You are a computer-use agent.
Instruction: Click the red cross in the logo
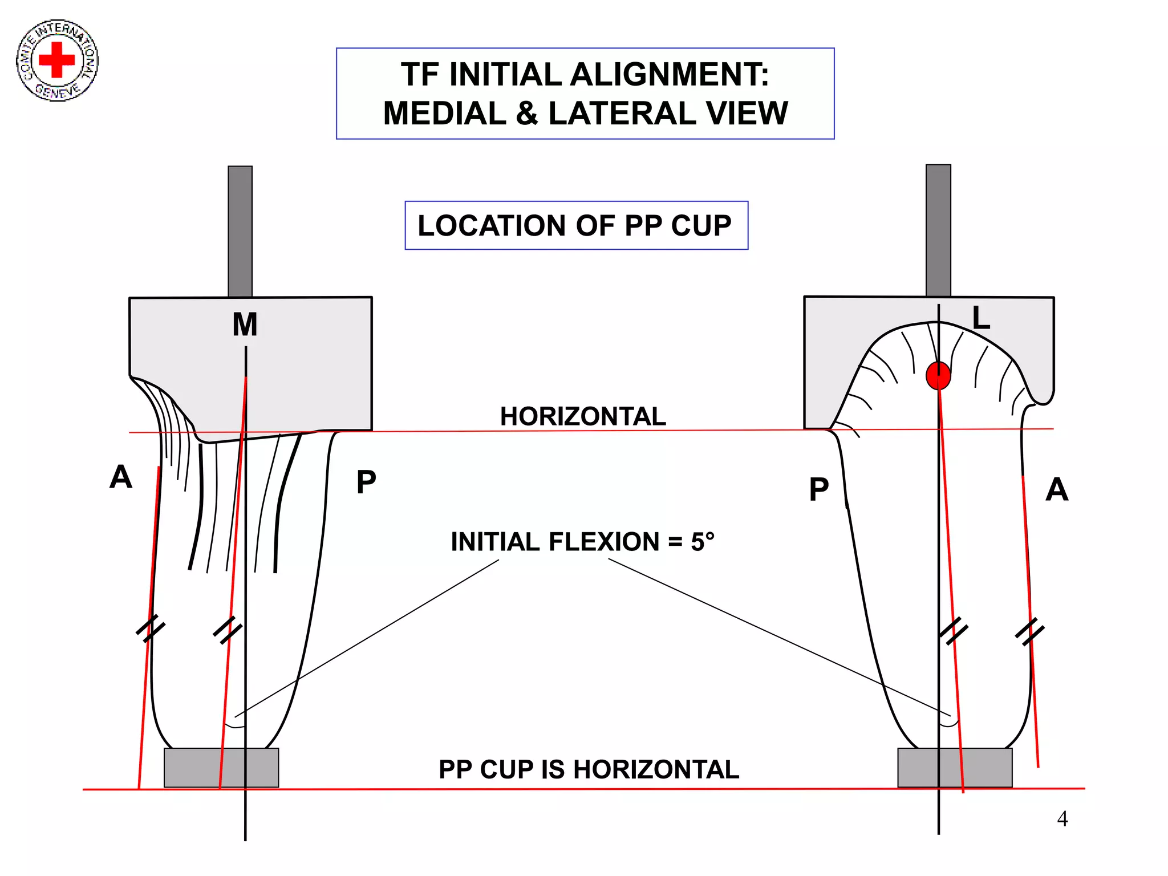coord(56,59)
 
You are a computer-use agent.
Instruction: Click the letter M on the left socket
coord(245,325)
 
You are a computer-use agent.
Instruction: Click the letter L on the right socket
coord(980,318)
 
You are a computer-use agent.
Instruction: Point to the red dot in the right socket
coord(938,375)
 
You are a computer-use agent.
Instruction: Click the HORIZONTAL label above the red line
coord(582,416)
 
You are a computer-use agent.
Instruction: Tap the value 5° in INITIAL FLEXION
coord(702,542)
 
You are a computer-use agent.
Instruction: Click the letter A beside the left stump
coord(121,477)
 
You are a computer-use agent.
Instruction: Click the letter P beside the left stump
coord(366,482)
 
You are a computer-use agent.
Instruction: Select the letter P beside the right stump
coord(819,490)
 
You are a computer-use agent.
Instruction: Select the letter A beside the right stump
coord(1056,490)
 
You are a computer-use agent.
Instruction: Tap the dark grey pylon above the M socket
coord(240,231)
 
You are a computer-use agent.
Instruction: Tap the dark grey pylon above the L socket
coord(938,230)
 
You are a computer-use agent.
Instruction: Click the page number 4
coord(1062,819)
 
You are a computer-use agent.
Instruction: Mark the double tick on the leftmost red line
coord(150,628)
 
